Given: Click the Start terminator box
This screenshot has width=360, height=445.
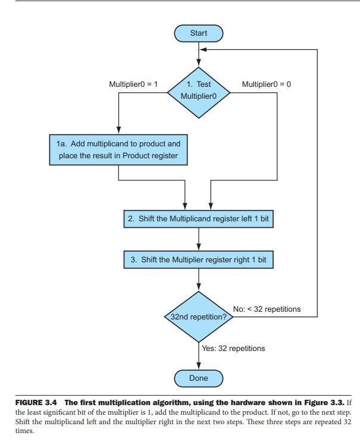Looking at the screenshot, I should click(198, 33).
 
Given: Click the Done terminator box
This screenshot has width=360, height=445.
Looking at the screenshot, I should click(198, 378).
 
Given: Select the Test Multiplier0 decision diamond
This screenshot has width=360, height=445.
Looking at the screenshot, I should click(198, 90).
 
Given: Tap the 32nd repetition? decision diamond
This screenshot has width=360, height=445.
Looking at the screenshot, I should click(198, 316).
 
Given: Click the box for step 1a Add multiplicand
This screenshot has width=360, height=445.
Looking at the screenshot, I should click(118, 150).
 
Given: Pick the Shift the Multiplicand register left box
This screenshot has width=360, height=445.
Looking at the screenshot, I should click(198, 219).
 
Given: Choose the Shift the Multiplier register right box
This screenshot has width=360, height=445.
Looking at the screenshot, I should click(198, 260).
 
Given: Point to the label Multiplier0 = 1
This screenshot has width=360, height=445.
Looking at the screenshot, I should click(133, 84).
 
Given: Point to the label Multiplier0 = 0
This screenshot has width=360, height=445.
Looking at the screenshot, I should click(267, 84).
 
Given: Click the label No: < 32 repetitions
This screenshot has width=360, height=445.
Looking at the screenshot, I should click(267, 309).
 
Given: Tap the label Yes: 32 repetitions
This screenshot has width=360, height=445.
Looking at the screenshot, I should click(233, 348).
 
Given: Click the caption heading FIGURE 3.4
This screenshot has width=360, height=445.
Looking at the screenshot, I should click(36, 403).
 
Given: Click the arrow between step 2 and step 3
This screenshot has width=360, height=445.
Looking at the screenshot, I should click(198, 239).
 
